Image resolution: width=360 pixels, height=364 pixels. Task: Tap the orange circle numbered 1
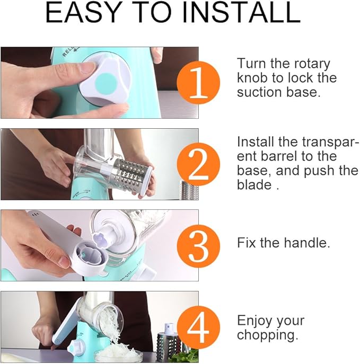pos(198,83)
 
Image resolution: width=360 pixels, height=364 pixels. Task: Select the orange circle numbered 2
pos(198,164)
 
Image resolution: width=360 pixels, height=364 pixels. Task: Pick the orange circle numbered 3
pos(198,246)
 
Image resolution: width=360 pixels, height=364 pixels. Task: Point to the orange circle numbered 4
pos(198,327)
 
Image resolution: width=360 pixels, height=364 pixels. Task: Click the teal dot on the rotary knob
pos(106,83)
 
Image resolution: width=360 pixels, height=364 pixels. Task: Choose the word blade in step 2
pos(254,185)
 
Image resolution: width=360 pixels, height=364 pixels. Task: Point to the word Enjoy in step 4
pos(255,322)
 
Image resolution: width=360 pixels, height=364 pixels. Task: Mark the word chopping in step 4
pos(267,335)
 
